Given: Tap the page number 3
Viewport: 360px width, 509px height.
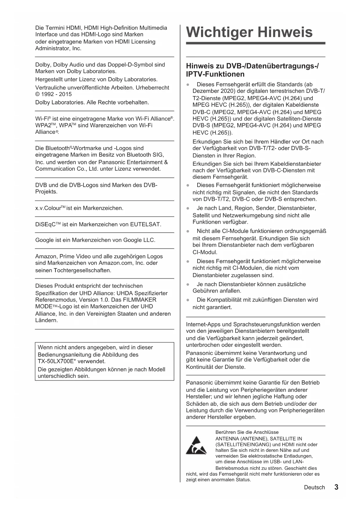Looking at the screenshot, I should point(336,487).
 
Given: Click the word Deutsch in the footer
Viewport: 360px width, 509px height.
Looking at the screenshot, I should point(314,488).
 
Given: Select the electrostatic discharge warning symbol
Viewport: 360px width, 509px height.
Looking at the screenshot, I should point(196,445).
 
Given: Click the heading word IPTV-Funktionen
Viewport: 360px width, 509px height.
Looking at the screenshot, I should point(215,74).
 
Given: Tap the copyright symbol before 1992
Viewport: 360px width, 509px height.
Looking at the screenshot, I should point(37,94).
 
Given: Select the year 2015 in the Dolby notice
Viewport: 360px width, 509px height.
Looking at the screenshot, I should point(65,94).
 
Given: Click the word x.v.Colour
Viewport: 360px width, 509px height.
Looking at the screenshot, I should point(48,208).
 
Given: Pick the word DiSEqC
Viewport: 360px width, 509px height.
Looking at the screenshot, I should point(45,224).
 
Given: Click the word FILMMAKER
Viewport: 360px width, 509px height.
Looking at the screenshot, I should point(140,300).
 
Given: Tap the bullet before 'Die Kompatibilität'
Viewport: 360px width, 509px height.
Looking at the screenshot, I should point(188,300).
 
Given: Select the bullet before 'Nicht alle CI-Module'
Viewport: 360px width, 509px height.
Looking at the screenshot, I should point(188,231).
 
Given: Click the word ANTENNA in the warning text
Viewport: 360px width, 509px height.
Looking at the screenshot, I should point(227,438).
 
